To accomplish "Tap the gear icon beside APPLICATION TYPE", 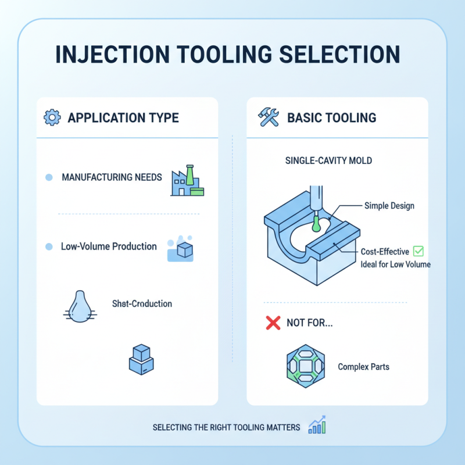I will [52, 118].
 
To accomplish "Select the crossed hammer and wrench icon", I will [268, 118].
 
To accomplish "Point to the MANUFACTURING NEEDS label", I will [112, 177].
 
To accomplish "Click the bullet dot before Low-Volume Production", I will [49, 247].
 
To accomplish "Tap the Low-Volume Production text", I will [109, 246].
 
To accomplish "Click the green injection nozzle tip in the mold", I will [316, 223].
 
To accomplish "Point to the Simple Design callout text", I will [389, 206].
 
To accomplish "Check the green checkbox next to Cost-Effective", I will [419, 252].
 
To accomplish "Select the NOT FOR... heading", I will [310, 324].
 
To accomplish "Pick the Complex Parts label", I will [363, 367].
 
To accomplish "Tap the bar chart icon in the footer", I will [317, 425].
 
